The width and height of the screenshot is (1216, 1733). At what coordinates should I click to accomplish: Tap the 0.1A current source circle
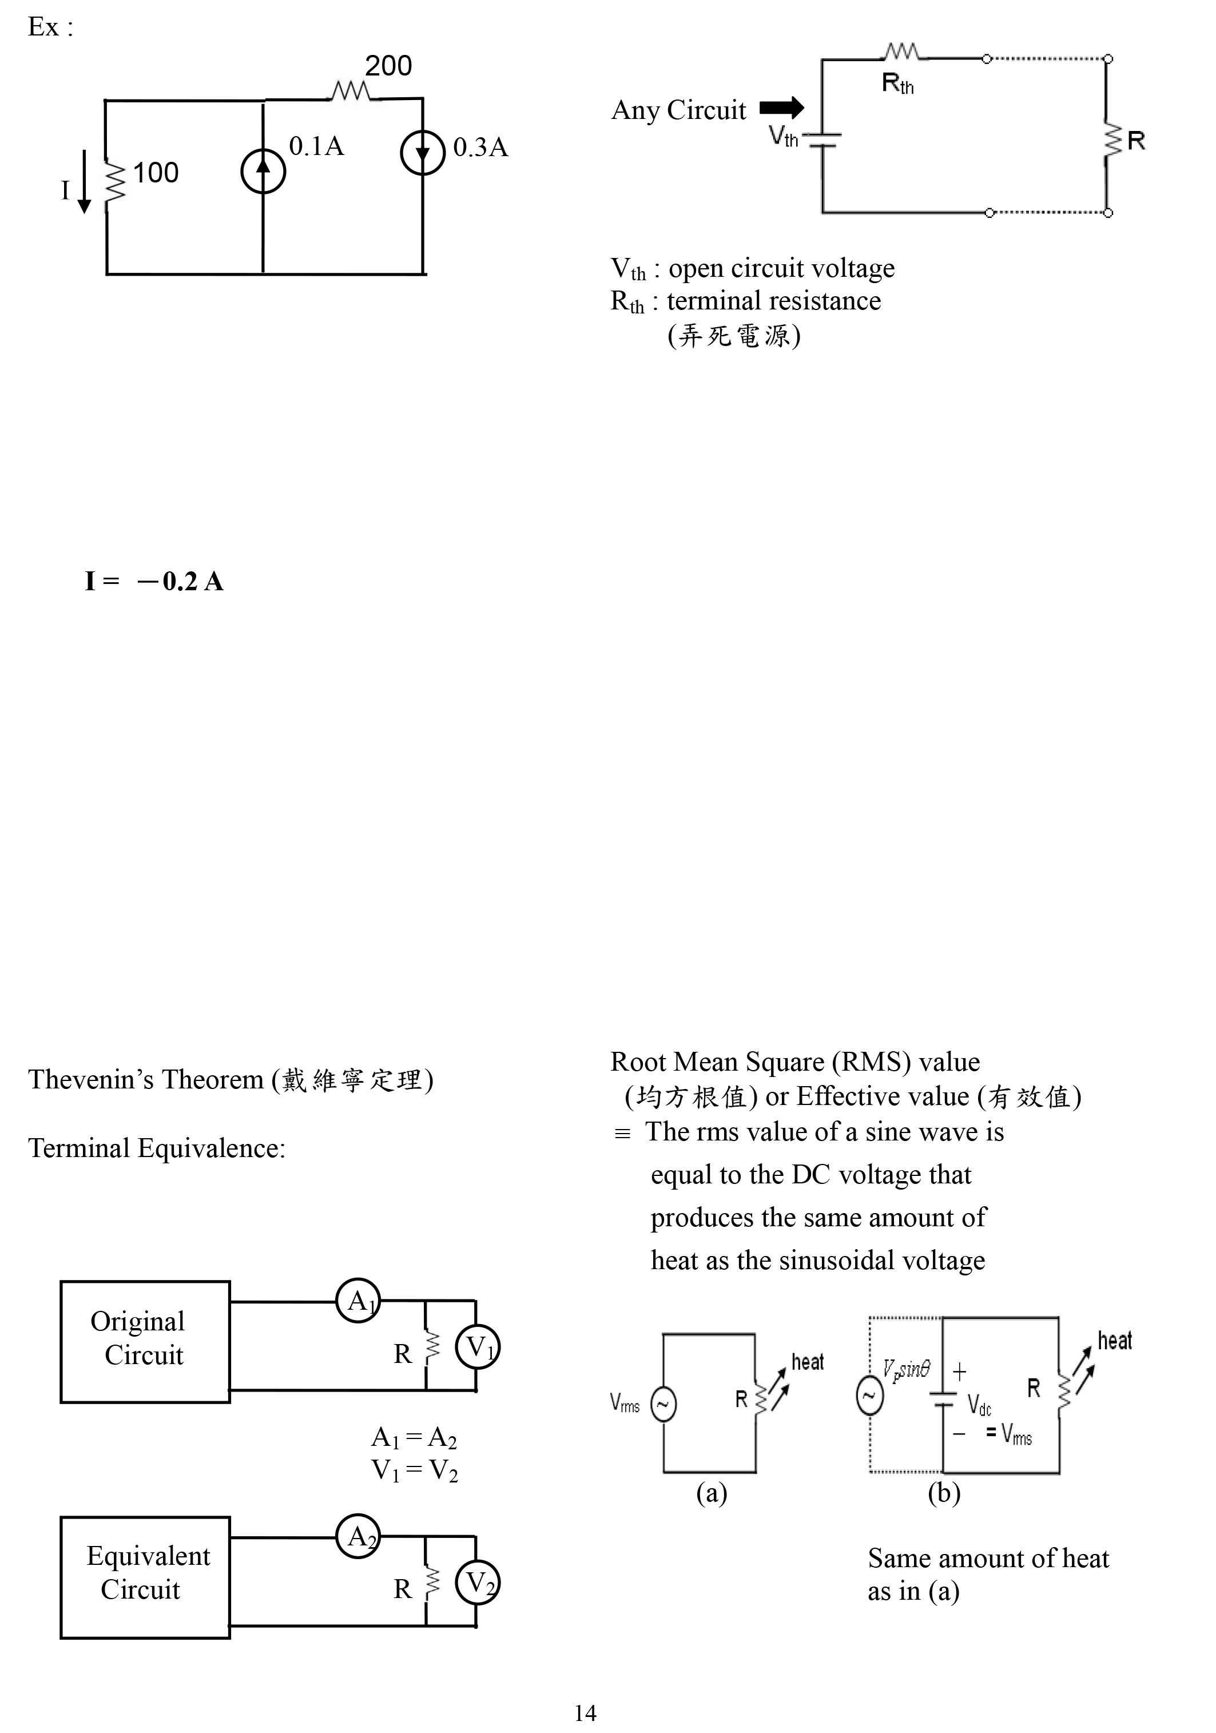263,172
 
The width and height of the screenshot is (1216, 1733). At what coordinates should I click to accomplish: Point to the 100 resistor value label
156,173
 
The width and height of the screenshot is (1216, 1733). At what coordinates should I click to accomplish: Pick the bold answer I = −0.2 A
154,581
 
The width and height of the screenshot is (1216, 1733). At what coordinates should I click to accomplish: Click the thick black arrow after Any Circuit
781,109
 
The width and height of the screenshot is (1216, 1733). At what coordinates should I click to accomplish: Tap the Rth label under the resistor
897,83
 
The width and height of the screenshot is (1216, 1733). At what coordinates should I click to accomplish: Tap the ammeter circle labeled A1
358,1301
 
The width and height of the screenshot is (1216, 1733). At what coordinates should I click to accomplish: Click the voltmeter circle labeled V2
477,1583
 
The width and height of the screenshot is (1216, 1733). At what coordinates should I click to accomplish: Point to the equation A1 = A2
414,1438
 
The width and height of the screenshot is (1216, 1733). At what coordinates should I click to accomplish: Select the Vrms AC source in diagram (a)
663,1405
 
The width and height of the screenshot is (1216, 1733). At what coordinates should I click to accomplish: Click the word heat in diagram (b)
1114,1341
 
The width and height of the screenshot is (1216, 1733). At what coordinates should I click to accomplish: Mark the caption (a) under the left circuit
711,1492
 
